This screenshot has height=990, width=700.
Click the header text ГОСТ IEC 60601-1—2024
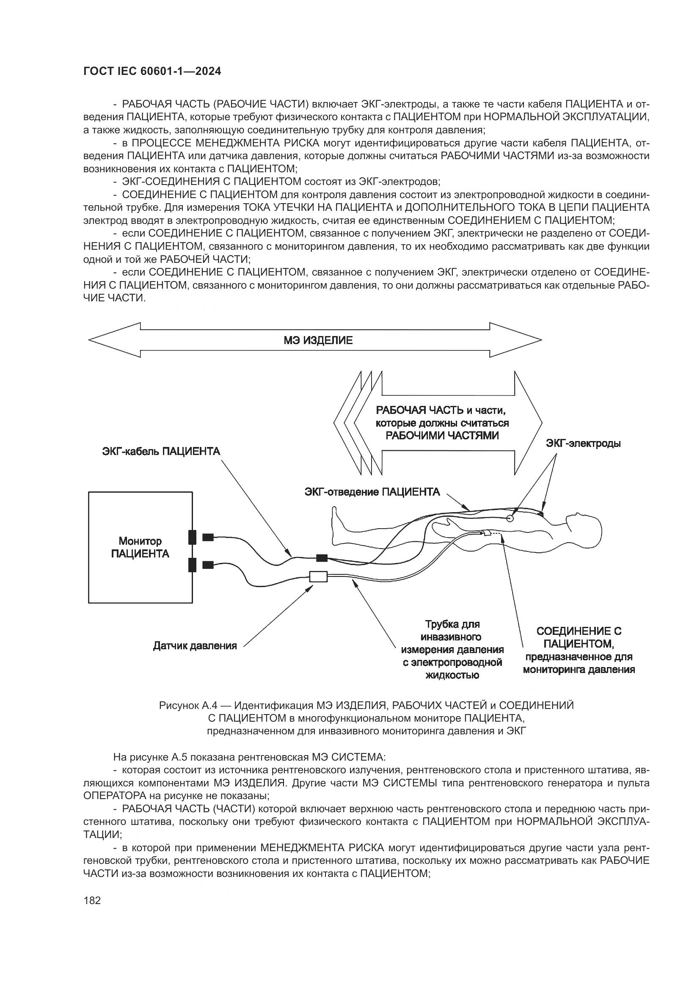(x=152, y=72)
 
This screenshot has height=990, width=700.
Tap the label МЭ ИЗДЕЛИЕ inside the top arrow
(x=318, y=341)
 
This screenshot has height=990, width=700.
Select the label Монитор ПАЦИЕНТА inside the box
(x=140, y=547)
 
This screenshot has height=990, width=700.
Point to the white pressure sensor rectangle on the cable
(x=319, y=577)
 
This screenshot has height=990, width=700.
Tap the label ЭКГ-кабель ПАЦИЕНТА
(x=161, y=452)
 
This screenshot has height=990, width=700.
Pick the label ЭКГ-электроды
(x=583, y=443)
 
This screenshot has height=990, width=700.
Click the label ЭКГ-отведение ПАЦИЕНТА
(x=372, y=492)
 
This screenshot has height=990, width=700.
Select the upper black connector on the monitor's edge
(x=192, y=537)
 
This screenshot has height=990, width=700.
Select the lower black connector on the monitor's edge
(x=192, y=565)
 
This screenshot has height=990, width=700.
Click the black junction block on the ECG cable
(x=322, y=558)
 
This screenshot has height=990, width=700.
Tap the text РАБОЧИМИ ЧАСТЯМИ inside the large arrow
(x=442, y=436)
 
